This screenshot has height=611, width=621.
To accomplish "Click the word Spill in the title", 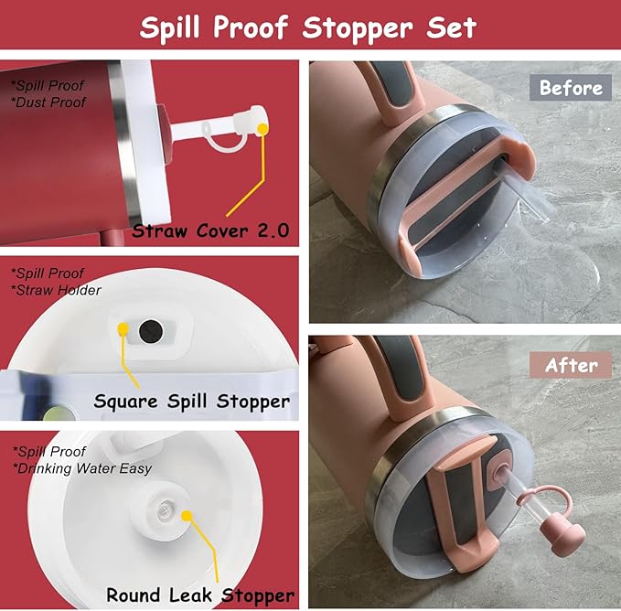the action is coord(169,27).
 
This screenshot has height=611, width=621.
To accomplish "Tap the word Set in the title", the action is coord(451,27).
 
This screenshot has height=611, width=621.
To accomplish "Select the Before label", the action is coord(571,88).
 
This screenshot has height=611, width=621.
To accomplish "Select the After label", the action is coord(571,365).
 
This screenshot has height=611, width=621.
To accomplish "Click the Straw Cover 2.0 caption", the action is coord(210,230).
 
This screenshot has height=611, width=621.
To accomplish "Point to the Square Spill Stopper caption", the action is coord(192,402).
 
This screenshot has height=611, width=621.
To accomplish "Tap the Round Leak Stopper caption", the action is coord(200,595).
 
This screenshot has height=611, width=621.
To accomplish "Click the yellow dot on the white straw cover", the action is coord(262,128).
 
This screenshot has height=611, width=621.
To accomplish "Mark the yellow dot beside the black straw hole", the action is coord(123,328).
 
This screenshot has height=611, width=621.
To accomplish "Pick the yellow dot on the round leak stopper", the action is coord(187,516).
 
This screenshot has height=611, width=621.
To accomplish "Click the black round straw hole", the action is coord(151,331).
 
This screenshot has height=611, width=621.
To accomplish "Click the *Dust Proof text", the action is coord(48,102).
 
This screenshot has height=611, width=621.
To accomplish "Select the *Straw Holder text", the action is coord(56,290).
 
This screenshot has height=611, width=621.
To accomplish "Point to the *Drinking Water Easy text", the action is coord(81,468).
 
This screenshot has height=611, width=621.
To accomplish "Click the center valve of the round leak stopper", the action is coord(164,511).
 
